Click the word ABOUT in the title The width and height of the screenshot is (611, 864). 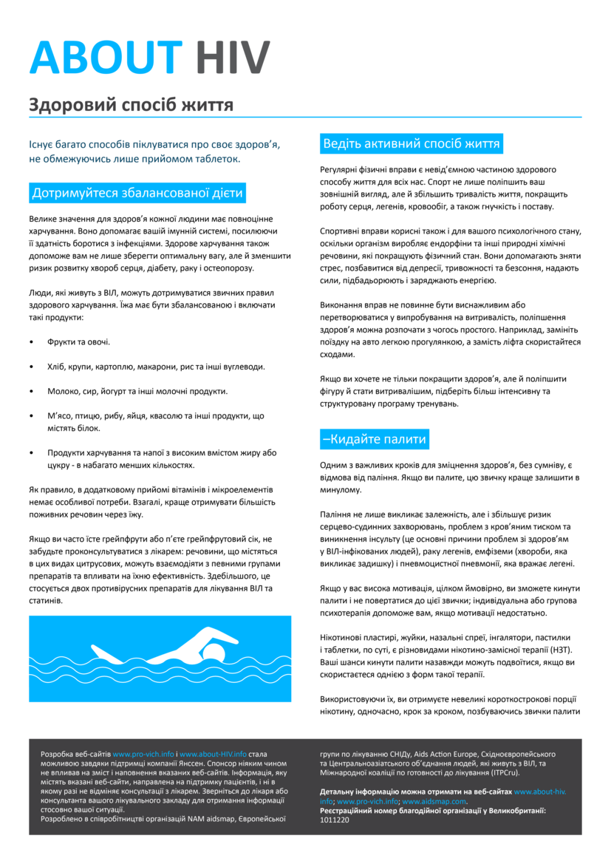(x=105, y=57)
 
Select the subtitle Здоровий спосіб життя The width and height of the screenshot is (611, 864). (x=131, y=105)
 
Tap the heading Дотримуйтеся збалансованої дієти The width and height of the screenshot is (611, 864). (x=137, y=194)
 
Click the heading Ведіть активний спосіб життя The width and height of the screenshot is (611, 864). (x=412, y=143)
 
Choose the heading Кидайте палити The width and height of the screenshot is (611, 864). (x=375, y=439)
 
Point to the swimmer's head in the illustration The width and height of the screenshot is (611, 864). (x=214, y=652)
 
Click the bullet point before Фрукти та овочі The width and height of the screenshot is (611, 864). (x=31, y=342)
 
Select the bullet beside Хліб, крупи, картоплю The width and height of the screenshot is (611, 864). (x=31, y=367)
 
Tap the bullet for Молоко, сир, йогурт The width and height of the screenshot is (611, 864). (x=31, y=391)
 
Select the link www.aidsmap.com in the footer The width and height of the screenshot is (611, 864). (x=445, y=801)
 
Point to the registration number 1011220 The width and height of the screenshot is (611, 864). (x=335, y=820)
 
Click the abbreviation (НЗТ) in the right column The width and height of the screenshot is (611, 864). (x=560, y=650)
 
